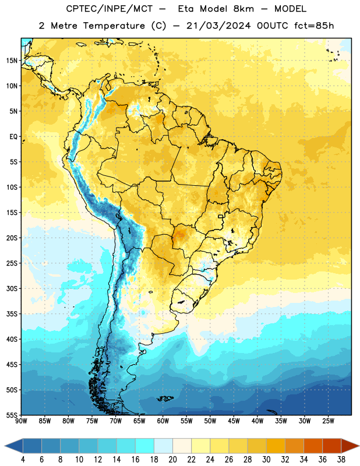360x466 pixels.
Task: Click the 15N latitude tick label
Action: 12,61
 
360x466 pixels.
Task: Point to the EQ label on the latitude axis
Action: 13,137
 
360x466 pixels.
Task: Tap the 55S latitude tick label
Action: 12,415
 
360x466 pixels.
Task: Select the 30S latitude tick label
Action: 12,288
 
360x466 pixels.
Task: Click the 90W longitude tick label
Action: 21,421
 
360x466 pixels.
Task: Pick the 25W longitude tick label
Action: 328,421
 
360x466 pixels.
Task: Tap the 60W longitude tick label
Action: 163,421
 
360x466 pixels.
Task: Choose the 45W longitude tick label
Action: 234,421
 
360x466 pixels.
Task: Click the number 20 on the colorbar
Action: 172,460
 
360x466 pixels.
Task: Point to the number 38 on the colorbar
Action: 341,460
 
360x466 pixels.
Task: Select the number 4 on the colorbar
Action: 23,460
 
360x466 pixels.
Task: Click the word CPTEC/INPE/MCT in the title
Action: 110,9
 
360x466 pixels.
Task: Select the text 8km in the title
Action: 243,9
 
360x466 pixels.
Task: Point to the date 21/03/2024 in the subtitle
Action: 218,26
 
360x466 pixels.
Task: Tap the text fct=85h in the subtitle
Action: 314,26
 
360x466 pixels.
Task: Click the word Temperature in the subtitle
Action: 114,26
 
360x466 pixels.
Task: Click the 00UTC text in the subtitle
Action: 273,26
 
